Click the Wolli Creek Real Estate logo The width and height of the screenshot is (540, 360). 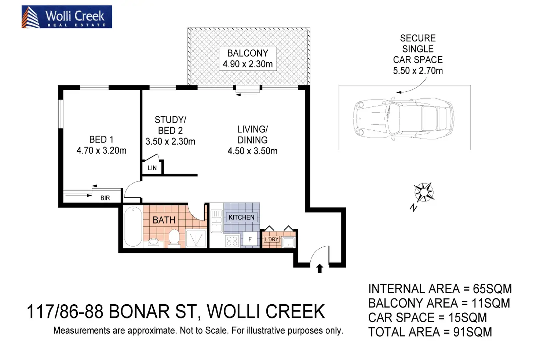pos(67,17)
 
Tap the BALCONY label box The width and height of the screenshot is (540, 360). pos(248,59)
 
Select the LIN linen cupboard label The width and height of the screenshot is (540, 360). pos(152,168)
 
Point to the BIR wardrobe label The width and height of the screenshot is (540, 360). pos(105,198)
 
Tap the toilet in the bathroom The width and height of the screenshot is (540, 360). pos(174,239)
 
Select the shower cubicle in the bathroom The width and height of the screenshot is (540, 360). pos(196,238)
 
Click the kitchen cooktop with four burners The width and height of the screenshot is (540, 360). pos(232,241)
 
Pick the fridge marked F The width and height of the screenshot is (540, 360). pos(250,239)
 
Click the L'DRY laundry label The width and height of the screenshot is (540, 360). pos(271,239)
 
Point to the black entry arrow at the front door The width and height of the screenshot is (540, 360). pos(320,268)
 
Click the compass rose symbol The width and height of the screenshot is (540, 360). pos(424,192)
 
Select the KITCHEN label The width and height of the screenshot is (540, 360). pos(241,217)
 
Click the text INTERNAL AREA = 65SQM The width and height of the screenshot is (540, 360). pos(440,289)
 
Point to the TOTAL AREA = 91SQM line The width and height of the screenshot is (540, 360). pos(430,332)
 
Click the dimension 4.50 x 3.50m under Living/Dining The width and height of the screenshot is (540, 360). pos(252,151)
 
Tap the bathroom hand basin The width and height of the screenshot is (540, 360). pos(153,242)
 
